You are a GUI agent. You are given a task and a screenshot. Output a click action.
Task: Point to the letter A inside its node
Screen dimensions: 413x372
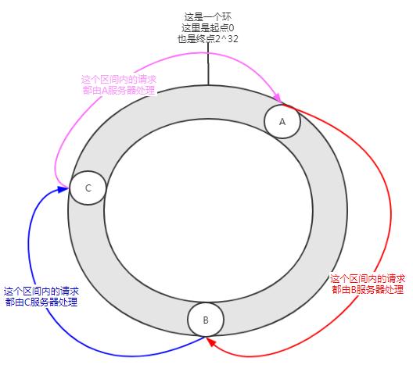(x=282, y=122)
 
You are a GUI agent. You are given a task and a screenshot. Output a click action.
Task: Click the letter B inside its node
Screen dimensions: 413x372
(x=206, y=320)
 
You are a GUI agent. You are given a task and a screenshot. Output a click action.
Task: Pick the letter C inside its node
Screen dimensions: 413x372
(x=88, y=188)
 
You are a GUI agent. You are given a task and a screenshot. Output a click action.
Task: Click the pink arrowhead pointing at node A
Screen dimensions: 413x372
(x=278, y=97)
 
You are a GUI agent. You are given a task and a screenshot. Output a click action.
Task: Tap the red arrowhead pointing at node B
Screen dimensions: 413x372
(x=211, y=342)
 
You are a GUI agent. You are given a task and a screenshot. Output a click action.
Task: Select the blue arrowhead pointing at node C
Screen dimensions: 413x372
(x=63, y=189)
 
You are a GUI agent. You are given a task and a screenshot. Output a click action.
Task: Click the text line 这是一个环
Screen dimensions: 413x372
(x=208, y=17)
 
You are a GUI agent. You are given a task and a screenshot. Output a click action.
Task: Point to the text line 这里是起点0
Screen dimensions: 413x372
(x=208, y=28)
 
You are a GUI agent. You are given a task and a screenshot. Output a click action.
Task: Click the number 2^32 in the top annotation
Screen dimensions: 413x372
(x=226, y=39)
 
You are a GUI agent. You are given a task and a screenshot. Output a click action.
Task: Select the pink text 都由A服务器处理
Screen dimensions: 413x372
(x=119, y=90)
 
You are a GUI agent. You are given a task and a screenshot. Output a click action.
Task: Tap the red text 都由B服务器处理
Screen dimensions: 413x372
(x=368, y=289)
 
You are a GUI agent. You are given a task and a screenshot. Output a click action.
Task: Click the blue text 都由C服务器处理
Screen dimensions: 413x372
(x=41, y=302)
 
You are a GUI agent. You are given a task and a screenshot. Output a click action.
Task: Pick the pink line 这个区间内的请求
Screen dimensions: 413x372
(x=119, y=80)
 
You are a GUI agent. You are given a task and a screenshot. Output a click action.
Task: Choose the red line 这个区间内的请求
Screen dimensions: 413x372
(x=368, y=278)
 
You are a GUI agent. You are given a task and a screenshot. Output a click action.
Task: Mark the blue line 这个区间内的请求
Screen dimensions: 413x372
(x=41, y=292)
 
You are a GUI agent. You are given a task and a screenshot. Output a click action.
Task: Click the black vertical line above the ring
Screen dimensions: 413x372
(x=208, y=63)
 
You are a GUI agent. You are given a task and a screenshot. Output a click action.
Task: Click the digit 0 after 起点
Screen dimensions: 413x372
(x=232, y=28)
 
